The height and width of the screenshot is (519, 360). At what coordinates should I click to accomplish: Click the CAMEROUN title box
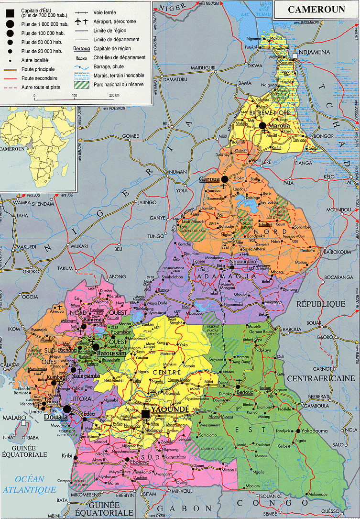point(316,10)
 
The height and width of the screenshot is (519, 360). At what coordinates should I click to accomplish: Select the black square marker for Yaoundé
point(146,413)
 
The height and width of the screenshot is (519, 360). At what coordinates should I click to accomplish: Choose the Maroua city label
point(279,126)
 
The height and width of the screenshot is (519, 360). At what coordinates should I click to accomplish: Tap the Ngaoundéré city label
point(243,261)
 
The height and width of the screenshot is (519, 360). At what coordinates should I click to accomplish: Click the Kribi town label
point(67,456)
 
